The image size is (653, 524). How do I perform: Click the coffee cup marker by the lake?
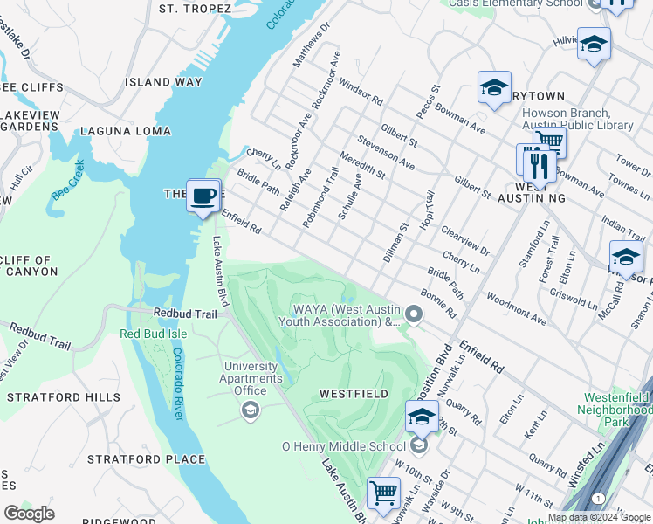click(203, 196)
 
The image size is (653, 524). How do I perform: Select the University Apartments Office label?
click(252, 378)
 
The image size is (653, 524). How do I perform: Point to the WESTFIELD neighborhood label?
click(354, 394)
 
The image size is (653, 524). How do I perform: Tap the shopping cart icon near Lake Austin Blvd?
click(383, 493)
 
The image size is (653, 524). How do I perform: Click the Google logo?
click(29, 514)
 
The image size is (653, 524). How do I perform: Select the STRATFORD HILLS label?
click(64, 397)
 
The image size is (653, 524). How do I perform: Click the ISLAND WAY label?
click(163, 82)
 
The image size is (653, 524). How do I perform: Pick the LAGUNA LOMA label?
click(126, 131)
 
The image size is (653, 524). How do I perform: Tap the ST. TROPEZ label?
click(195, 9)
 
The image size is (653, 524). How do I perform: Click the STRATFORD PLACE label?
click(146, 459)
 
